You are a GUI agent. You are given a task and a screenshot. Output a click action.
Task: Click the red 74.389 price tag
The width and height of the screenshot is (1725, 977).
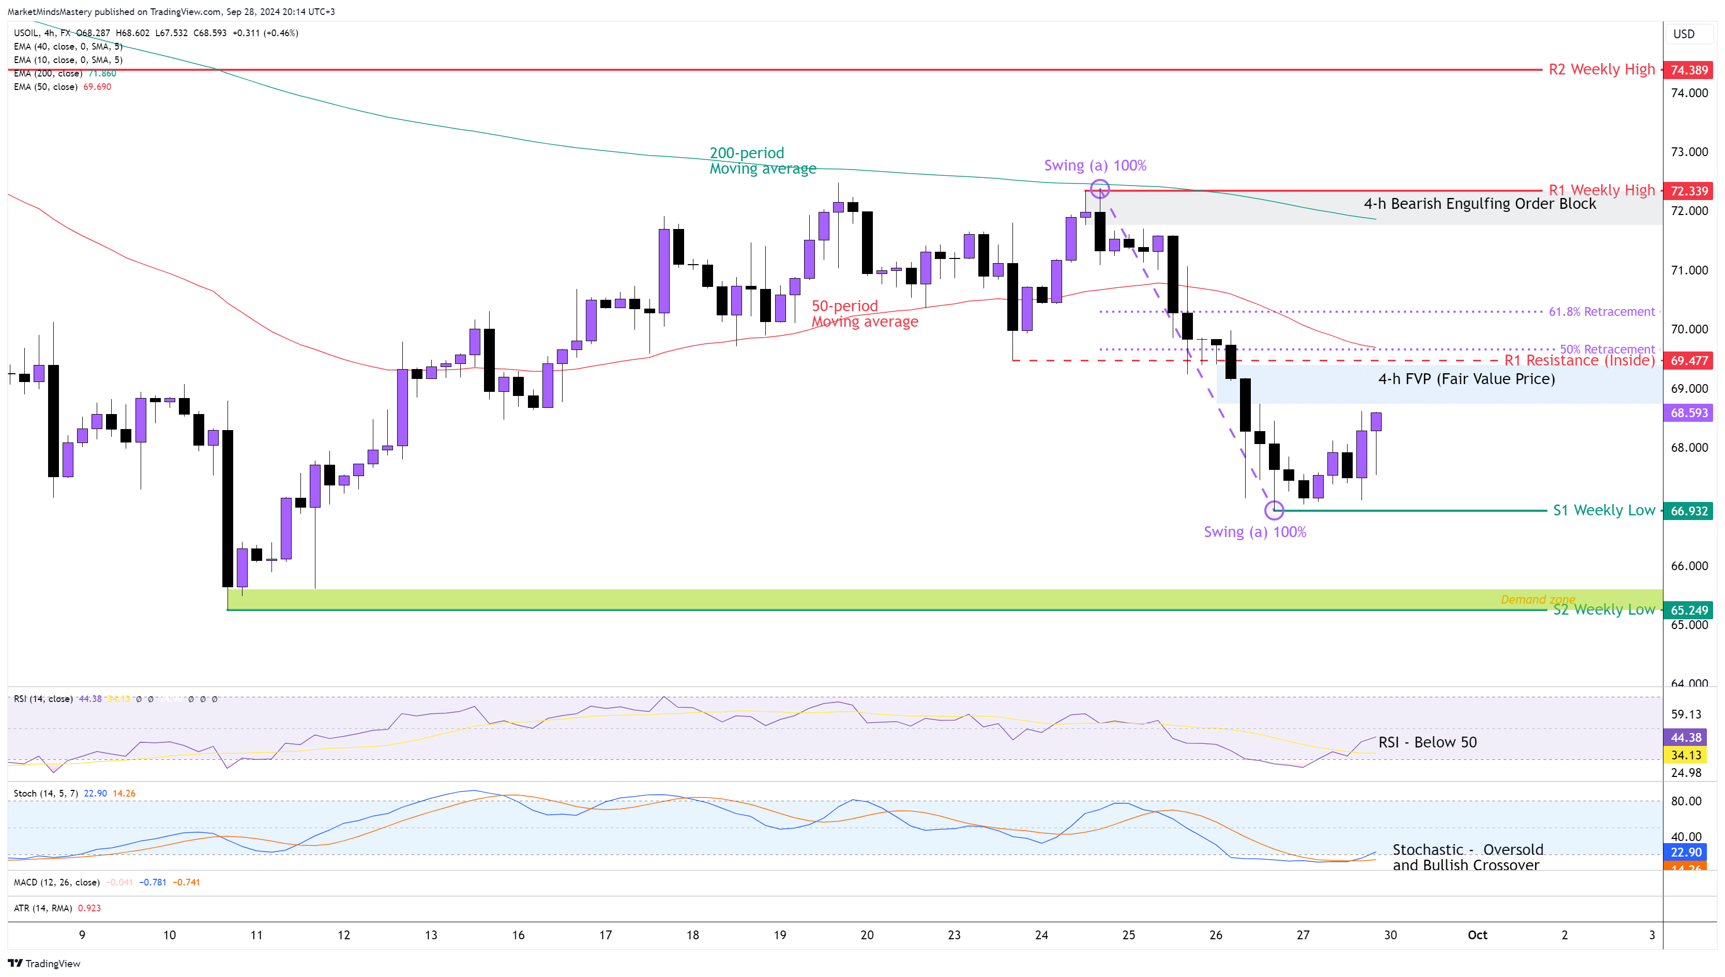coord(1688,70)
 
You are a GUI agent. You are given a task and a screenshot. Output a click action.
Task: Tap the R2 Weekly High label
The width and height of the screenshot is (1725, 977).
coord(1601,69)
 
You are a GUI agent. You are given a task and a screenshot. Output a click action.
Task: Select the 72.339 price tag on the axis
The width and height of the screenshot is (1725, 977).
coord(1688,191)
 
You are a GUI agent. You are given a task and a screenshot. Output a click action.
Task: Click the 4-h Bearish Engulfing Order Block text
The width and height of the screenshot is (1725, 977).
coord(1479,204)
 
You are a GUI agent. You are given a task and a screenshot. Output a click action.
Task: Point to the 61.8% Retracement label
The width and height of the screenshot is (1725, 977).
coord(1601,311)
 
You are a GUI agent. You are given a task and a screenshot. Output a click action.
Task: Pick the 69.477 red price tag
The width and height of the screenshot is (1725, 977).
coord(1688,361)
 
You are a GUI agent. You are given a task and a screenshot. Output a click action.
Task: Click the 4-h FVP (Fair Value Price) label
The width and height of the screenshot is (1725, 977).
coord(1466,379)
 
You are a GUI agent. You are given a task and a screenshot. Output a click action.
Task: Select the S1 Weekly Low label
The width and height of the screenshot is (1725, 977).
coord(1603,511)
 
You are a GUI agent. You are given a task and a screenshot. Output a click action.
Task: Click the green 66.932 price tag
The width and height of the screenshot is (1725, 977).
coord(1688,511)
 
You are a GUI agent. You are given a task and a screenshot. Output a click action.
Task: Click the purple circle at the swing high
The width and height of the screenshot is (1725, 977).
coord(1099,189)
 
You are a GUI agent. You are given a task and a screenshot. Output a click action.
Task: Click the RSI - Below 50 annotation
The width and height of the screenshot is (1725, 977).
coord(1427,742)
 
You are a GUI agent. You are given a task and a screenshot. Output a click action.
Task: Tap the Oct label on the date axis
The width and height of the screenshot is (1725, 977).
coord(1477,935)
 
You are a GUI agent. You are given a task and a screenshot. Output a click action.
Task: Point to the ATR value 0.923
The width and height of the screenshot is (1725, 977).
coord(89,908)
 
